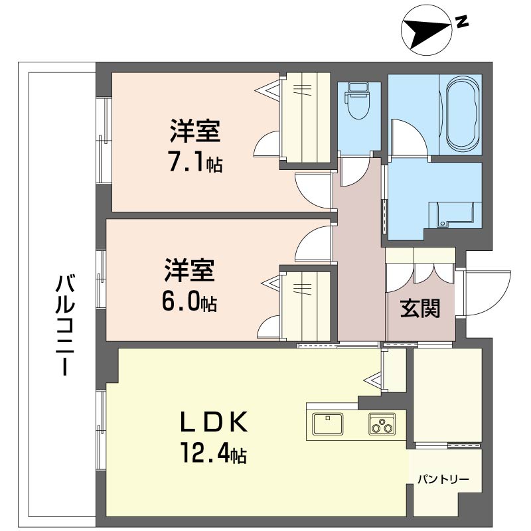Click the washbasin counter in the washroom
pyautogui.click(x=453, y=213)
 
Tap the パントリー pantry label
pyautogui.click(x=443, y=479)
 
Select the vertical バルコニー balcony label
pyautogui.click(x=64, y=325)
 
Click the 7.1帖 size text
pyautogui.click(x=194, y=163)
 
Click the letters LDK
pyautogui.click(x=214, y=421)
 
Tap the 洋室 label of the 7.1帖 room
pyautogui.click(x=194, y=131)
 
